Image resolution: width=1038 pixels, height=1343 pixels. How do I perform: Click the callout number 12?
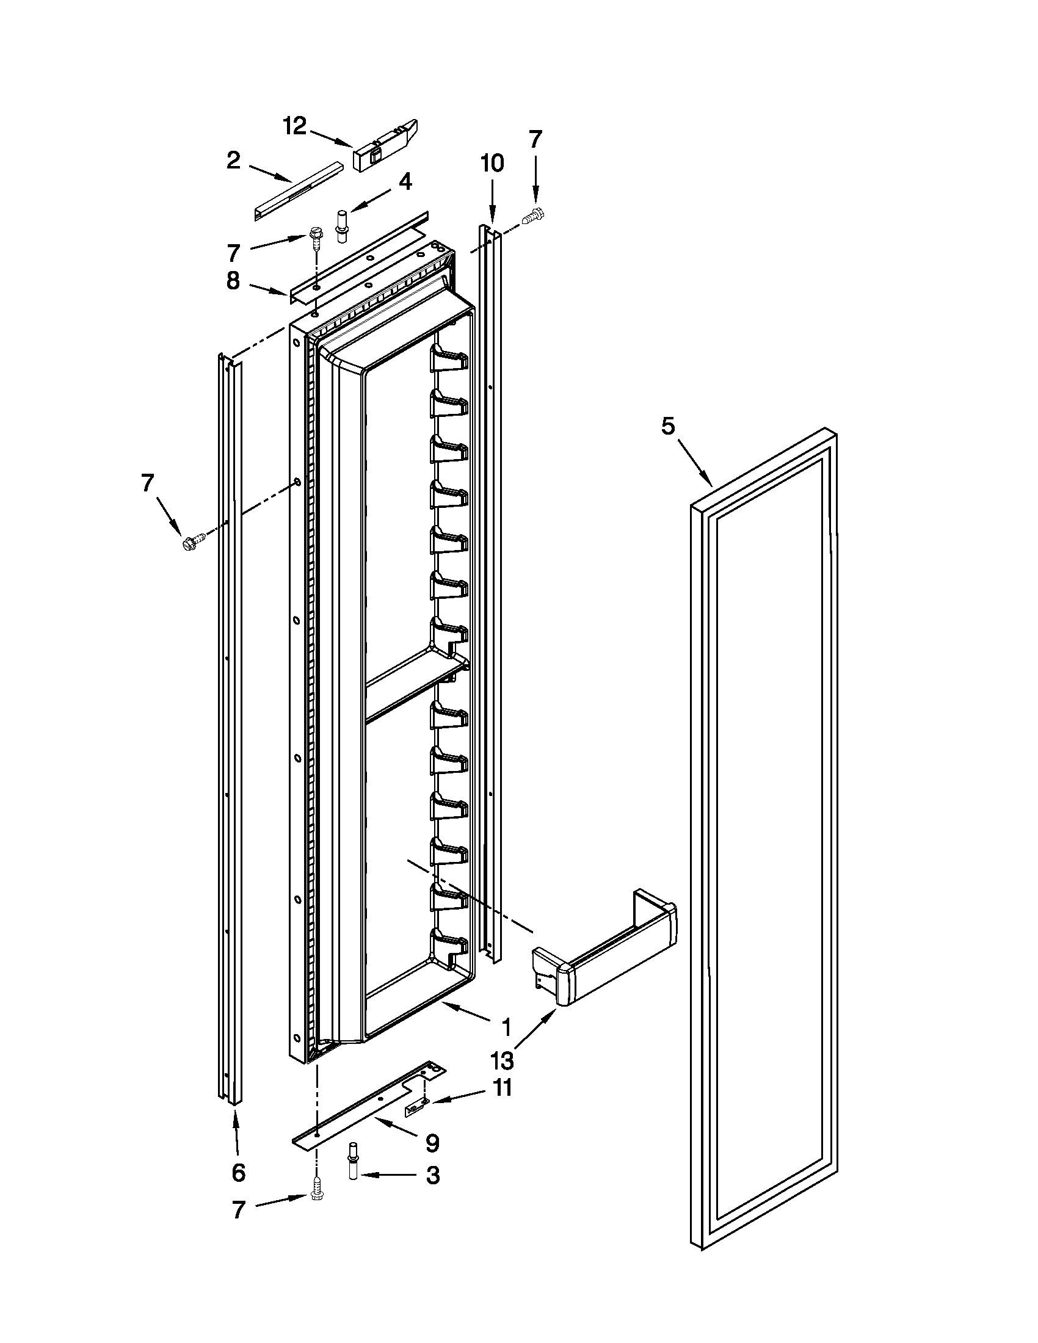pos(294,126)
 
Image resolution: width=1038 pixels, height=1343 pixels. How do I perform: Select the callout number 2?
pos(233,161)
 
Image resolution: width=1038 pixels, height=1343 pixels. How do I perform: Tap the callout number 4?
pos(405,182)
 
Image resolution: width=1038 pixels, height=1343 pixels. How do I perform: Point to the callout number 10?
pos(492,163)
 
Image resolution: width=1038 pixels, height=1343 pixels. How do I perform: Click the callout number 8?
pos(233,281)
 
